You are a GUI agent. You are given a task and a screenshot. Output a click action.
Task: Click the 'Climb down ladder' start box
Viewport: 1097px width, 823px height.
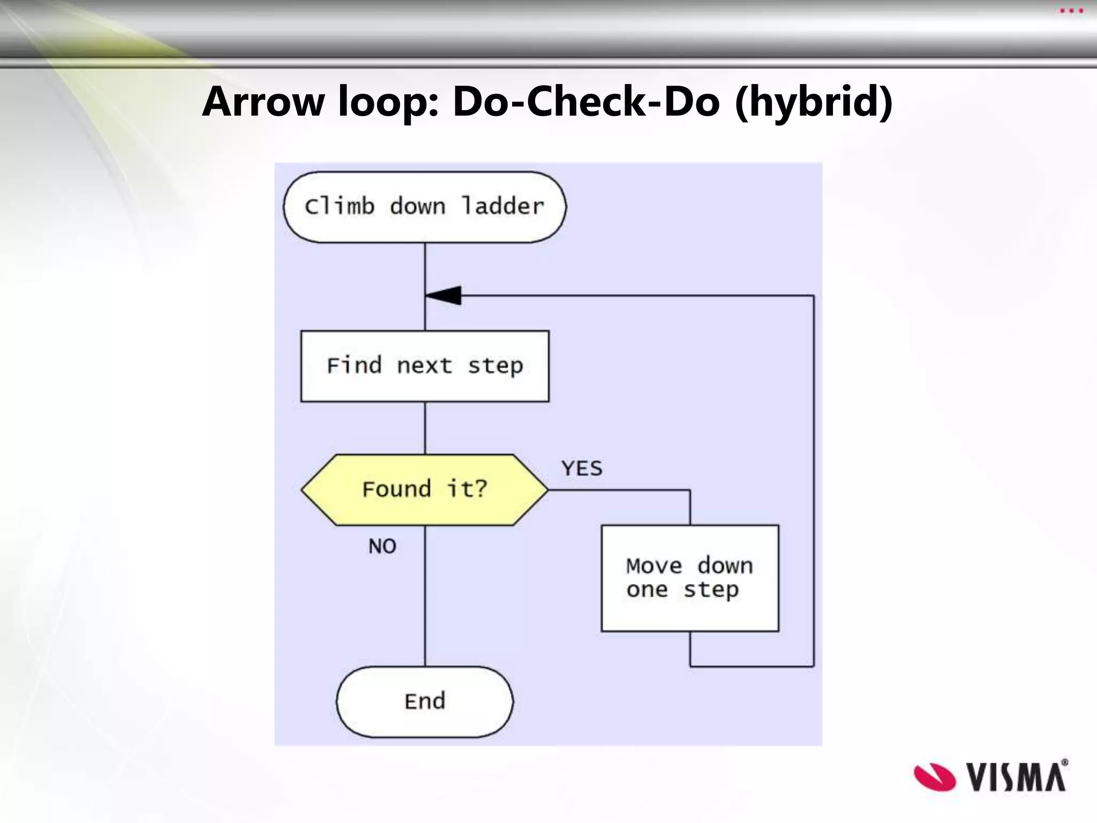(x=424, y=207)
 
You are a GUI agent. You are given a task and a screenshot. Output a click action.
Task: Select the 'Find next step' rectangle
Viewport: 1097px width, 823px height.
(x=425, y=366)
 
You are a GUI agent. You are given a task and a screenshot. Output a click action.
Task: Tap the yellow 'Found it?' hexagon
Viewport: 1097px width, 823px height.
(x=425, y=489)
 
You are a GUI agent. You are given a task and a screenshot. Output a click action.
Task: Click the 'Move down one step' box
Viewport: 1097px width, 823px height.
(x=690, y=578)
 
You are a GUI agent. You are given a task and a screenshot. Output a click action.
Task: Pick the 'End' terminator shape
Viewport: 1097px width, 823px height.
(x=425, y=701)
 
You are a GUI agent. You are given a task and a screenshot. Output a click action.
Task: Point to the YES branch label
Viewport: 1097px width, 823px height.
(x=582, y=469)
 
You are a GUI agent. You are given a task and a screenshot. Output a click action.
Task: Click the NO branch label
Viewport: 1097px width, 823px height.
(x=382, y=547)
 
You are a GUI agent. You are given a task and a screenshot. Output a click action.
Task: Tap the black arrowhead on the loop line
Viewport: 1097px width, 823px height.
(x=445, y=295)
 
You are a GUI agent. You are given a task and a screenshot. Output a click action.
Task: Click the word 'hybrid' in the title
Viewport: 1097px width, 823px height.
(x=814, y=101)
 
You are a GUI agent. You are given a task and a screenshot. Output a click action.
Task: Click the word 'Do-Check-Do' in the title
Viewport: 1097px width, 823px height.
(x=586, y=101)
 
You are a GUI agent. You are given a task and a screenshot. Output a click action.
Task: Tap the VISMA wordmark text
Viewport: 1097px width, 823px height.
(x=1017, y=777)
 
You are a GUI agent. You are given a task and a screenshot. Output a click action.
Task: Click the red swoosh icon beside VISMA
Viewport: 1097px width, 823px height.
(x=934, y=777)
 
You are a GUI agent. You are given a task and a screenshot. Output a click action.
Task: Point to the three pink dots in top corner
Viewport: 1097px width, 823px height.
(x=1071, y=11)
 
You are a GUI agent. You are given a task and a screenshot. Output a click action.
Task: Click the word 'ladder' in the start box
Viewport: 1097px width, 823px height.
(x=503, y=206)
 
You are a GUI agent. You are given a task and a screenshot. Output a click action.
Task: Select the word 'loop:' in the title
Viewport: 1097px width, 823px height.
(x=388, y=101)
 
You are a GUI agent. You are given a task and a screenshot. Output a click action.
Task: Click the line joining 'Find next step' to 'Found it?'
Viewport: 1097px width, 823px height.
(x=425, y=428)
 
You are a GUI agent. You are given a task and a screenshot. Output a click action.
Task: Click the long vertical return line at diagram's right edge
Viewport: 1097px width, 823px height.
(x=814, y=482)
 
